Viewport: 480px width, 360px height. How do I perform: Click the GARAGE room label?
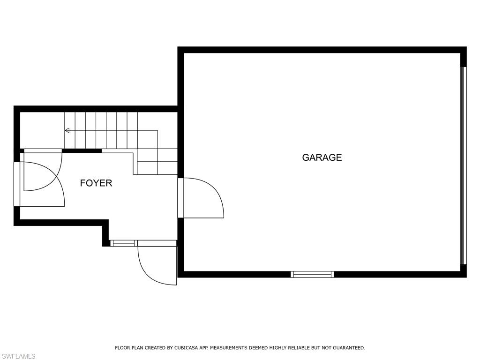click(x=322, y=157)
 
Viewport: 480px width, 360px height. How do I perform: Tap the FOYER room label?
click(x=96, y=183)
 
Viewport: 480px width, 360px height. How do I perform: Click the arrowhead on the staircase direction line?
click(x=67, y=130)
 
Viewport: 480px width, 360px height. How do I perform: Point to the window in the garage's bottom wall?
click(x=312, y=274)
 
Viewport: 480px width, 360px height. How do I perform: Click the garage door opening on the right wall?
click(x=464, y=165)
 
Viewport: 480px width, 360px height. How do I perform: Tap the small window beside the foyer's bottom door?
click(x=124, y=243)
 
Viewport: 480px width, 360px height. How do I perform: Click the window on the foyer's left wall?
click(x=17, y=184)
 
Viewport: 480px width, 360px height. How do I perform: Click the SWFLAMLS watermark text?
click(x=18, y=356)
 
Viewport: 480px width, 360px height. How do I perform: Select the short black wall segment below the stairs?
click(x=82, y=150)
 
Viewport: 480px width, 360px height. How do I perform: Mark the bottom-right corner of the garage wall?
click(x=466, y=277)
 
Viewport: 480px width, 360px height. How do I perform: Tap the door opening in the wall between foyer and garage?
click(x=180, y=198)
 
